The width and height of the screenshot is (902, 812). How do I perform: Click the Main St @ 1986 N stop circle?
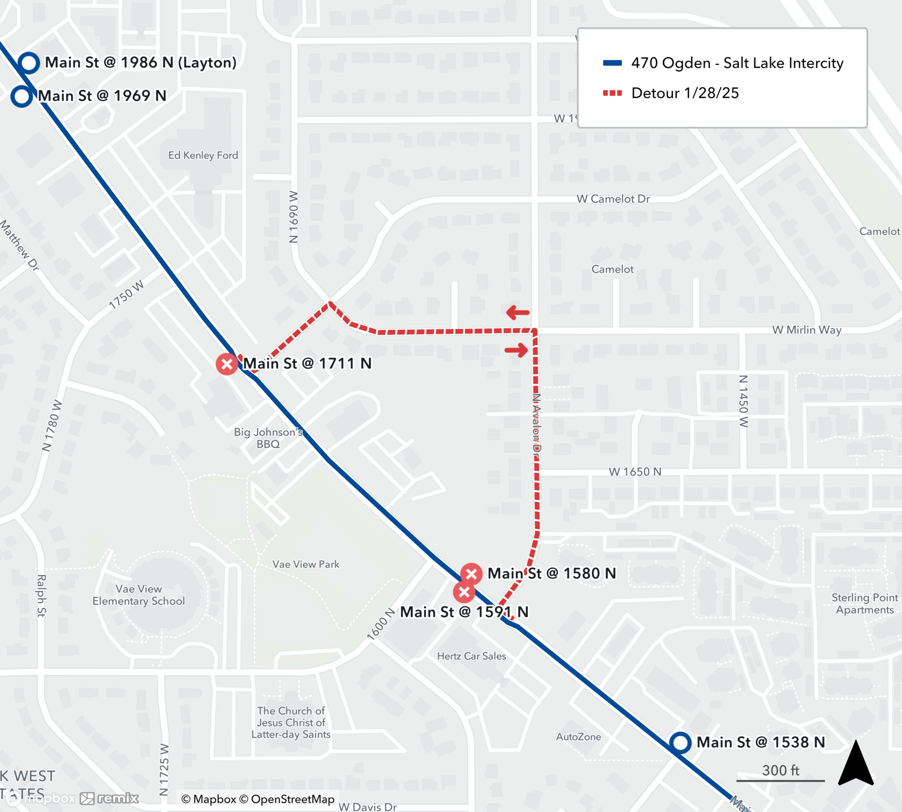tap(29, 63)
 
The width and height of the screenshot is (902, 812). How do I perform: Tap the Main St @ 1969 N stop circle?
tap(22, 97)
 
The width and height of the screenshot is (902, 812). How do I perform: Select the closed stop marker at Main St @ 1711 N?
tap(227, 364)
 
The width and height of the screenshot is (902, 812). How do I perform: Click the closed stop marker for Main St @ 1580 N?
tap(471, 574)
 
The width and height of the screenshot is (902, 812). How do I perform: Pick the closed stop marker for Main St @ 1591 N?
tap(464, 592)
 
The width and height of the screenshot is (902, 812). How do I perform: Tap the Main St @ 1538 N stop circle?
tap(680, 743)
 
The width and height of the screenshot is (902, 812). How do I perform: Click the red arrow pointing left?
tap(518, 312)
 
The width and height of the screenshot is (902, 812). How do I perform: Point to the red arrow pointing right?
tap(516, 350)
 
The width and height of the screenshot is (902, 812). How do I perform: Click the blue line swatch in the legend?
tap(612, 63)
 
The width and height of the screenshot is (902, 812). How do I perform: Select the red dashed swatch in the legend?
tap(612, 93)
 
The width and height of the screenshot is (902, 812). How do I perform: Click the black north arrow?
tap(856, 763)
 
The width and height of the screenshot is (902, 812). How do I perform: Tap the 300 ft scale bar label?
tap(780, 770)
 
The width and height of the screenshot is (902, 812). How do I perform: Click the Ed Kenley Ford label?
tap(203, 155)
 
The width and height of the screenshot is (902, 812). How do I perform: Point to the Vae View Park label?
tap(306, 564)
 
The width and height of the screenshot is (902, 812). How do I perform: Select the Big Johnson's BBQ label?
tap(268, 438)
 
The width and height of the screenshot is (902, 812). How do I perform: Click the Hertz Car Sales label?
tap(471, 656)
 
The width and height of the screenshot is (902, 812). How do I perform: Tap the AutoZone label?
tap(578, 737)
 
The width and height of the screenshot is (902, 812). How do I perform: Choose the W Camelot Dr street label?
tap(613, 199)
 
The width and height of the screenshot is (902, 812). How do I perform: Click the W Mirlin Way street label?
tap(806, 330)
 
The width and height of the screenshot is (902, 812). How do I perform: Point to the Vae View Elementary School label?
tap(138, 595)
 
